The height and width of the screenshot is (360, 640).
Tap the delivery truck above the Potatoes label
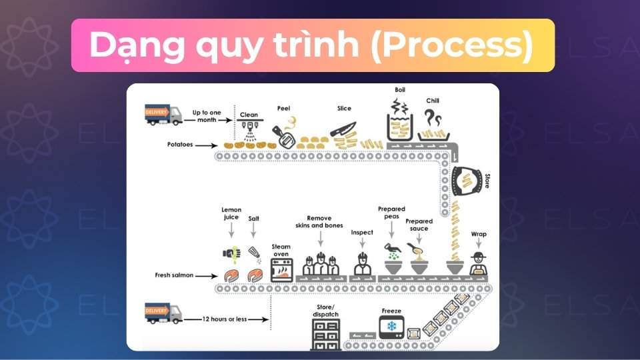click(163, 114)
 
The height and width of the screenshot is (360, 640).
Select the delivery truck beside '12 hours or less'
click(163, 313)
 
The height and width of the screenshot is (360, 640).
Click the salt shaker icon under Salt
click(254, 253)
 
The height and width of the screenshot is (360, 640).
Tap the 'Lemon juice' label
click(231, 213)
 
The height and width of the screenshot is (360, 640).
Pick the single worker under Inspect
click(362, 264)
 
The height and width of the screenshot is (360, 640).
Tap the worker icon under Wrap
click(477, 264)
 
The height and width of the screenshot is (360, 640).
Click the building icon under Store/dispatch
click(326, 333)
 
